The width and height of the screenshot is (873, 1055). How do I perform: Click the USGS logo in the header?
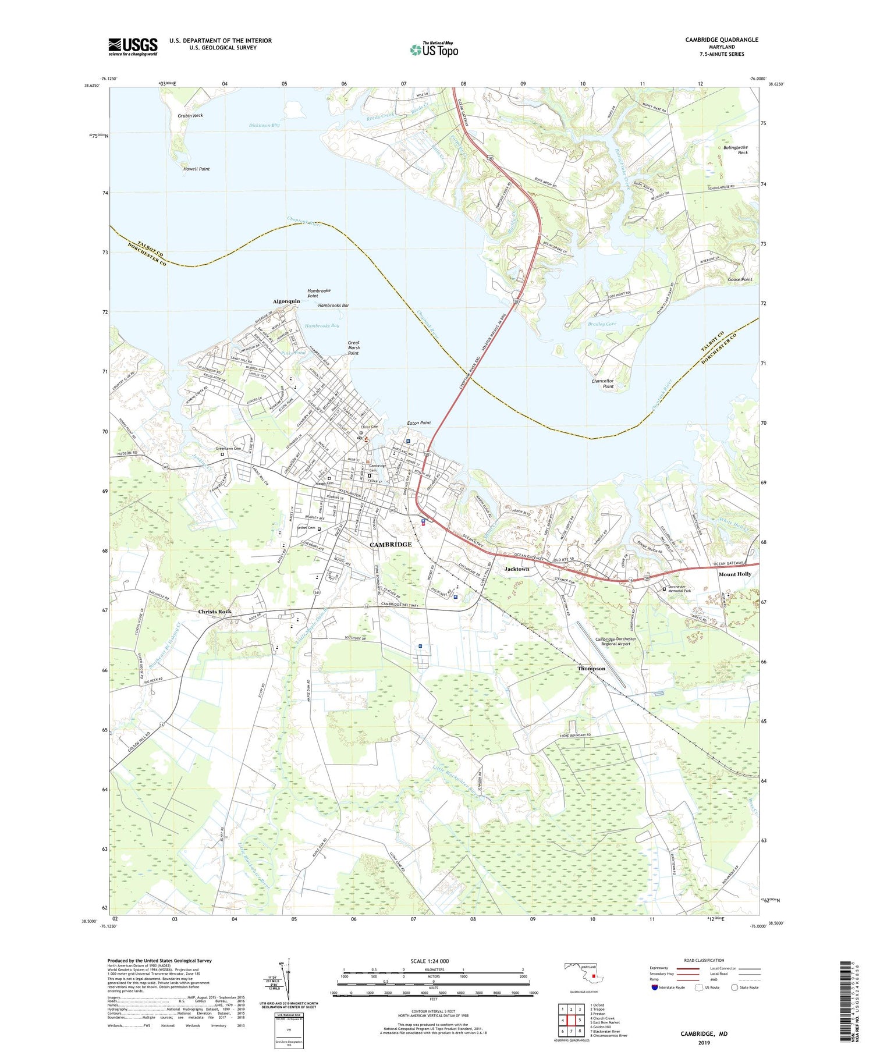pyautogui.click(x=133, y=47)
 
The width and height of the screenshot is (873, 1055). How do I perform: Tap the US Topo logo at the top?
pyautogui.click(x=434, y=50)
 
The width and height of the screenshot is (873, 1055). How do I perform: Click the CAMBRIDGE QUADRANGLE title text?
pyautogui.click(x=721, y=40)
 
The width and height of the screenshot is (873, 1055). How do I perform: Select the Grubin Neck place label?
pyautogui.click(x=190, y=116)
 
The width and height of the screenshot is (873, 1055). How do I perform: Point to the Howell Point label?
pyautogui.click(x=196, y=169)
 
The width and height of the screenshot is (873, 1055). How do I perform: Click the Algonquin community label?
pyautogui.click(x=286, y=301)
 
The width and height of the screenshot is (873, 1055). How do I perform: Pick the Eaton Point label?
pyautogui.click(x=418, y=423)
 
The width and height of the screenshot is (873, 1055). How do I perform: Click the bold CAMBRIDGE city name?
pyautogui.click(x=391, y=545)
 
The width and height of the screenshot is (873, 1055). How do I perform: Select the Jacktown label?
pyautogui.click(x=517, y=569)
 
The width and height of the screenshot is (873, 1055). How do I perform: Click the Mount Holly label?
pyautogui.click(x=734, y=574)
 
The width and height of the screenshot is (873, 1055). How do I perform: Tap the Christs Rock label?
pyautogui.click(x=215, y=612)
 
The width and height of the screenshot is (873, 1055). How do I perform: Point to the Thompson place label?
pyautogui.click(x=591, y=669)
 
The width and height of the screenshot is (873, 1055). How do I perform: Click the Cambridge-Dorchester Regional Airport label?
pyautogui.click(x=616, y=641)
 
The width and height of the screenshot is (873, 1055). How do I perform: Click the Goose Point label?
pyautogui.click(x=740, y=279)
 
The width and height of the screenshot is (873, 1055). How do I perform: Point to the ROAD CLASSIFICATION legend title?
pyautogui.click(x=704, y=960)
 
